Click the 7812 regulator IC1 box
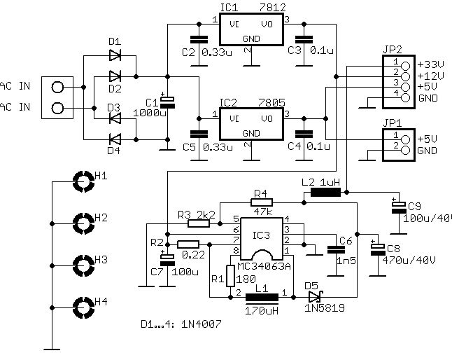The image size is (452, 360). point(248,29)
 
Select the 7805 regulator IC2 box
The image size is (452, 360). point(248,125)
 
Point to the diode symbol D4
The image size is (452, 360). point(115,138)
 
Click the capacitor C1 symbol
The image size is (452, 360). point(167,103)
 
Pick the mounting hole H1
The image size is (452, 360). point(83,182)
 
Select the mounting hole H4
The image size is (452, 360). point(83,307)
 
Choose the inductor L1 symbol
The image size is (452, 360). point(262,297)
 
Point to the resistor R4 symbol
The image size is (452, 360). point(262,200)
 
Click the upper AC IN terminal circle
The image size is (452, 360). point(57,88)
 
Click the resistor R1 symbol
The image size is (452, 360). point(229,277)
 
